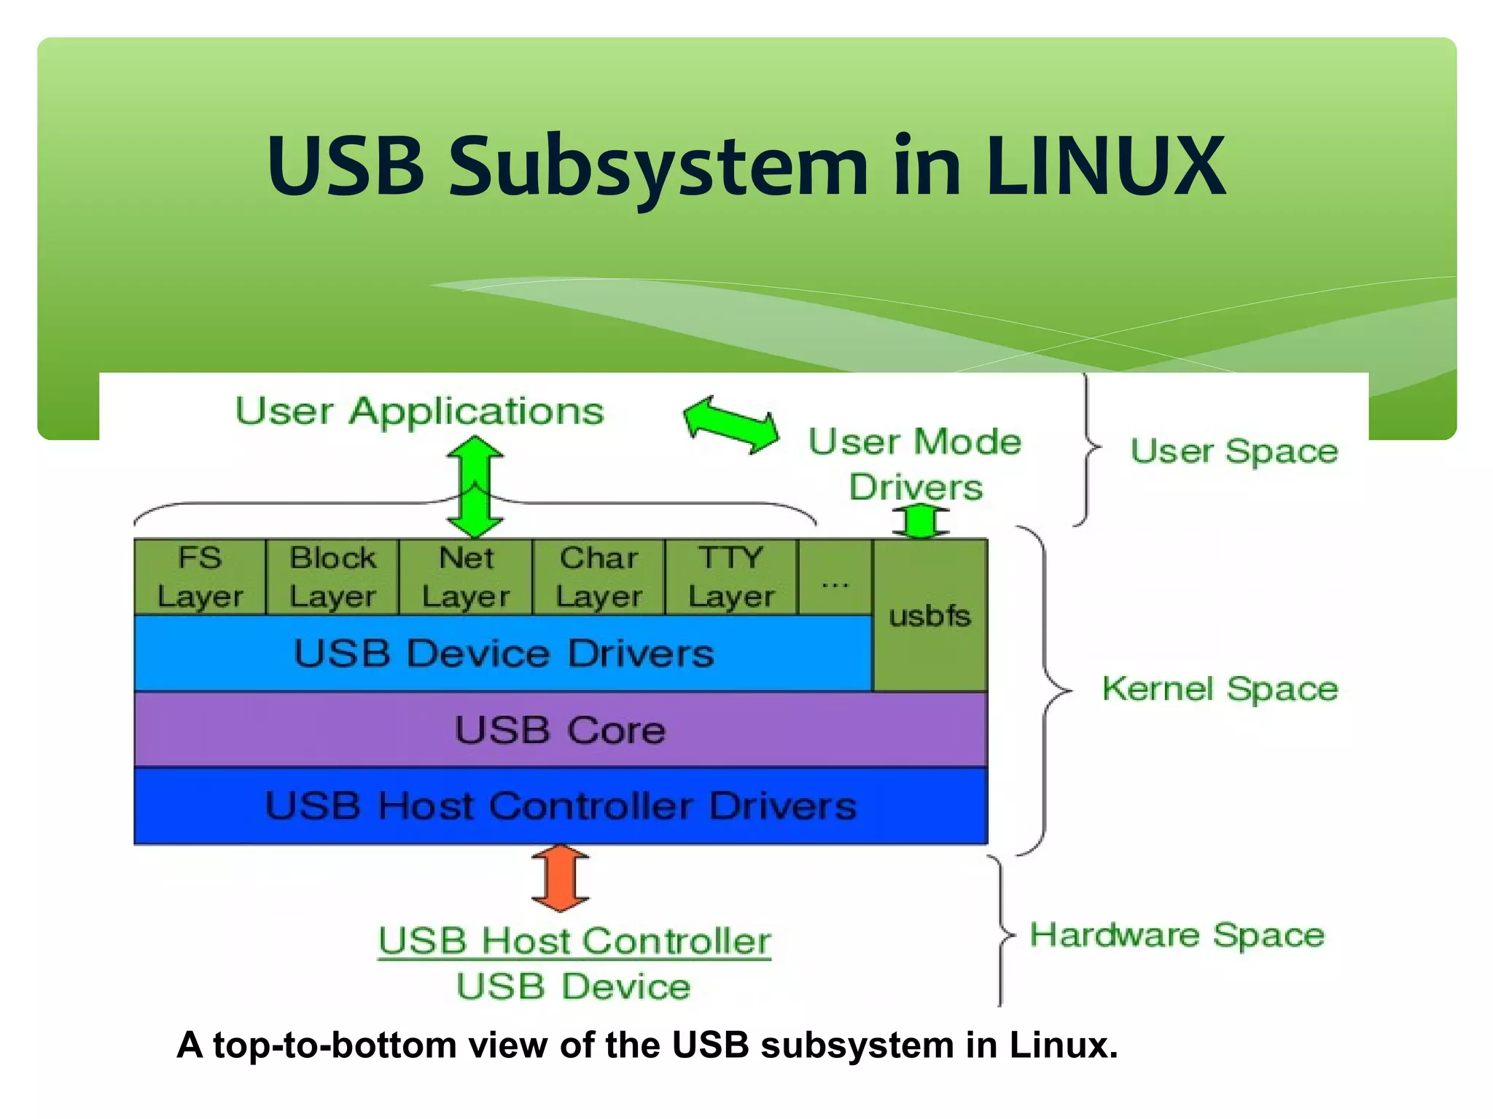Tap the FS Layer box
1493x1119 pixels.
coord(200,577)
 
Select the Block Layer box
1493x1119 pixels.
coord(332,577)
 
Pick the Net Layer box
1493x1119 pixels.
coord(466,577)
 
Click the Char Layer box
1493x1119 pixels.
coord(599,577)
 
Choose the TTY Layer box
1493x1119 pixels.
coord(731,577)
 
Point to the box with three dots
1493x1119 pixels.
coord(835,577)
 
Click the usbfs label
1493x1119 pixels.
coord(929,616)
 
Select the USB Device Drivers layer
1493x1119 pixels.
coord(503,653)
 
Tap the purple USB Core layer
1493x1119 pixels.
coord(560,730)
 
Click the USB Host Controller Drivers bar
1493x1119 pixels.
coord(560,806)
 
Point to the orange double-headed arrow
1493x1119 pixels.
coord(560,878)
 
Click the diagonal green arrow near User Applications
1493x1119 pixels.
coord(730,425)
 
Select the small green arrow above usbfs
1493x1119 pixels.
coord(921,522)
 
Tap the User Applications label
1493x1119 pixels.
coord(419,412)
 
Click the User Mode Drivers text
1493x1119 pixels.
coord(916,463)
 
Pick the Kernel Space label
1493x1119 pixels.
coord(1220,688)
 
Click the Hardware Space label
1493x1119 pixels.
coord(1177,935)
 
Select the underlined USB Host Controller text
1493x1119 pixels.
coord(574,941)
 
